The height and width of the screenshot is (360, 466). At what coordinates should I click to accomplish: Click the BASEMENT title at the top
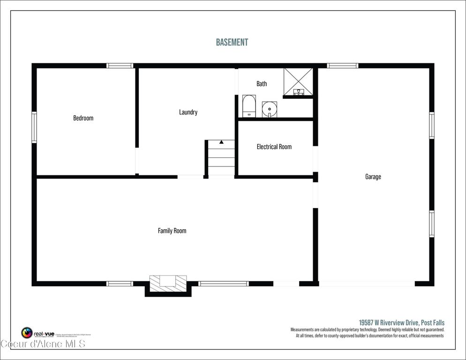pyautogui.click(x=232, y=42)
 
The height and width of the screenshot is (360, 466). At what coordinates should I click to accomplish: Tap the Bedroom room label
pyautogui.click(x=83, y=118)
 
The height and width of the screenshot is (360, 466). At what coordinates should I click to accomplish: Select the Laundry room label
pyautogui.click(x=188, y=112)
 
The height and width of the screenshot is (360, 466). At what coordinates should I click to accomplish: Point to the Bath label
pyautogui.click(x=262, y=83)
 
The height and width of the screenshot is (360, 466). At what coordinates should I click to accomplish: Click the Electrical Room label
pyautogui.click(x=274, y=147)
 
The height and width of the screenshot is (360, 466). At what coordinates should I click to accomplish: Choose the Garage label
pyautogui.click(x=373, y=177)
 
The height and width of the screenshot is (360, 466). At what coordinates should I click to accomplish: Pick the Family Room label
pyautogui.click(x=172, y=231)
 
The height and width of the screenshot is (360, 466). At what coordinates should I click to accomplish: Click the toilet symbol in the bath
pyautogui.click(x=249, y=106)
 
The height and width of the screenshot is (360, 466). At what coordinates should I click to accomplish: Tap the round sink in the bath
pyautogui.click(x=269, y=109)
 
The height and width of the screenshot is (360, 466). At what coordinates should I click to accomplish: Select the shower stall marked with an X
pyautogui.click(x=298, y=82)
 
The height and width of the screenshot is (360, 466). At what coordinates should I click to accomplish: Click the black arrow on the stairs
pyautogui.click(x=221, y=142)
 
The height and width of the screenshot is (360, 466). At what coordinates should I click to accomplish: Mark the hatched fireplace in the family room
pyautogui.click(x=168, y=281)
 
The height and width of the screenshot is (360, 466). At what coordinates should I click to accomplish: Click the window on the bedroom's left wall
pyautogui.click(x=34, y=127)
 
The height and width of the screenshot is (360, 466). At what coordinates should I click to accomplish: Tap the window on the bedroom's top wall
pyautogui.click(x=120, y=66)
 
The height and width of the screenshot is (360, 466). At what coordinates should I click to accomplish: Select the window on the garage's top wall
pyautogui.click(x=342, y=66)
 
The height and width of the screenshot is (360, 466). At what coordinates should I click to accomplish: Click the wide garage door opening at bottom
pyautogui.click(x=367, y=284)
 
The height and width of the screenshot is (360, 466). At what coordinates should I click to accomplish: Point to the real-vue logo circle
pyautogui.click(x=27, y=333)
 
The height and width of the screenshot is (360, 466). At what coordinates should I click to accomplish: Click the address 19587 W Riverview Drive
pyautogui.click(x=401, y=322)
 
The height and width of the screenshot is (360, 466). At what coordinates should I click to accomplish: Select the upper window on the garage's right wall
pyautogui.click(x=431, y=125)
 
